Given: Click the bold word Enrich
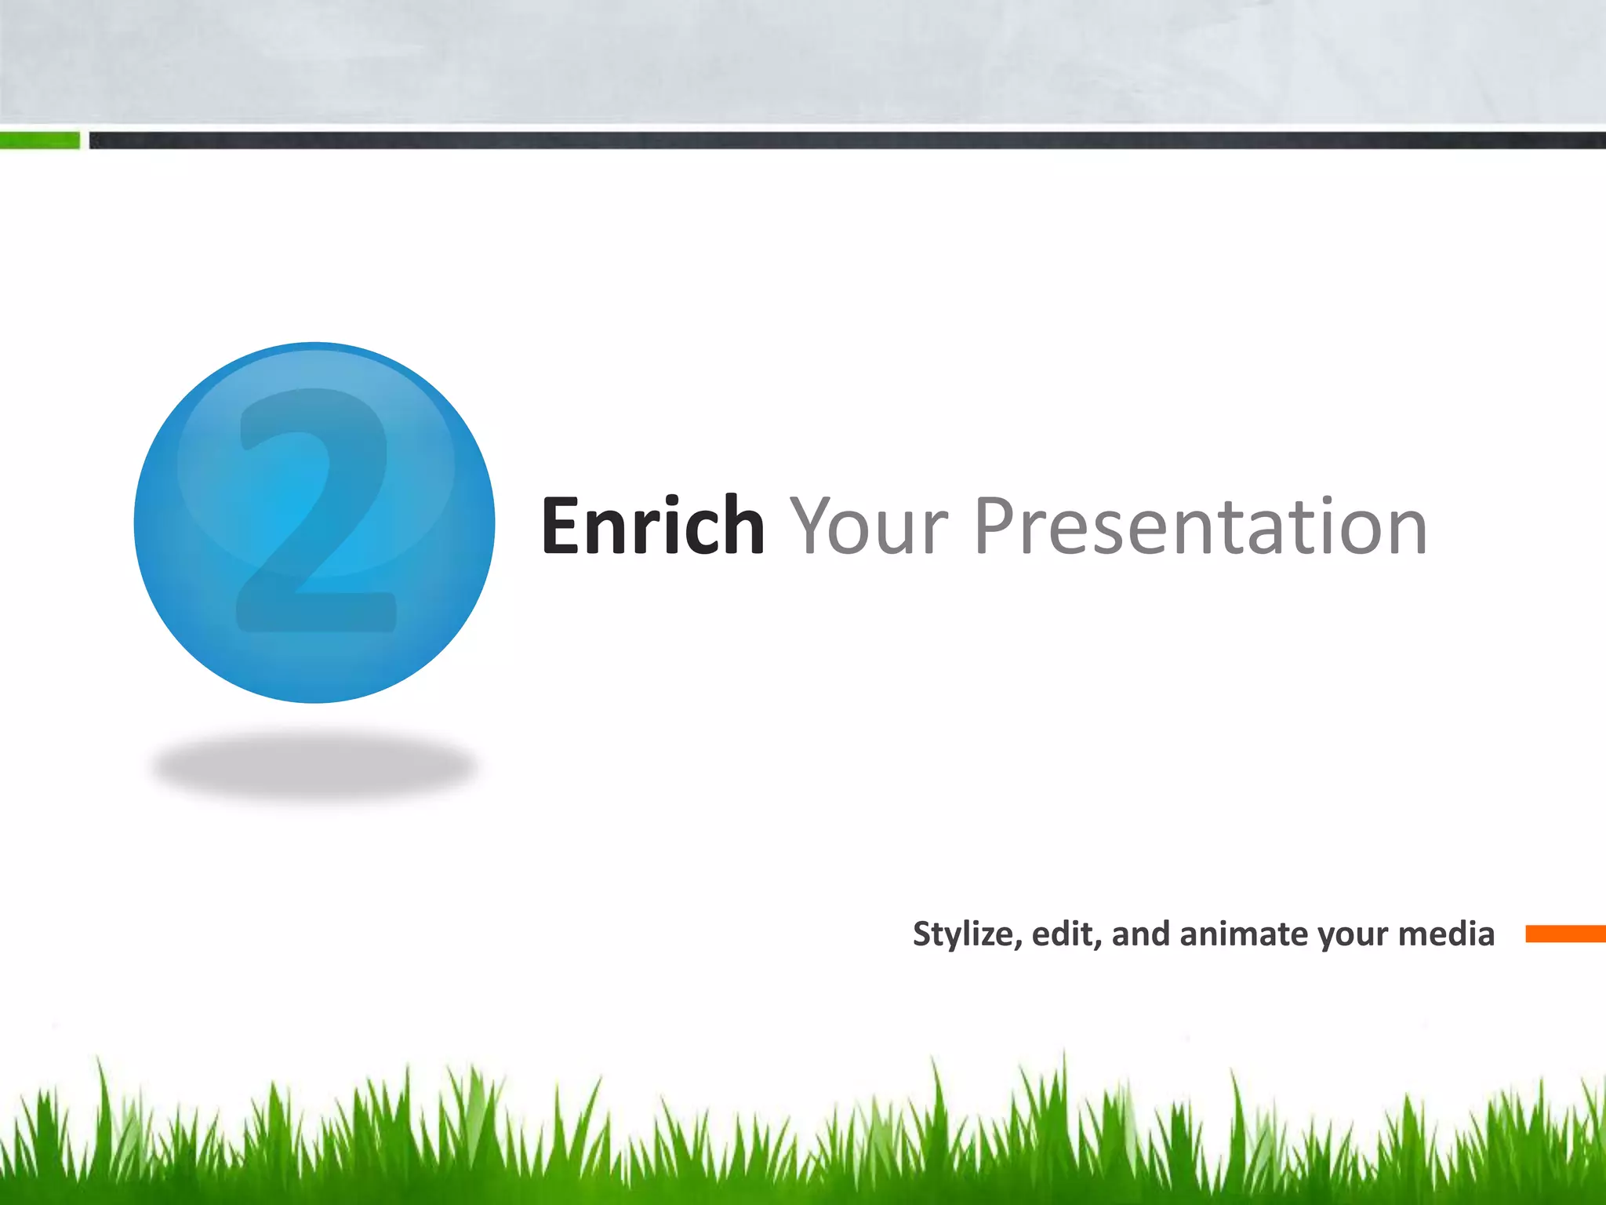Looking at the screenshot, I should [x=652, y=526].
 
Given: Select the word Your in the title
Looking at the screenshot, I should [x=869, y=526].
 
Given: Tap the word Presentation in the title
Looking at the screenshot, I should [x=1200, y=526].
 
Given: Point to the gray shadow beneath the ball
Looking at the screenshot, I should [x=314, y=765].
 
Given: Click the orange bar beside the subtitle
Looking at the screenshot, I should [x=1564, y=934].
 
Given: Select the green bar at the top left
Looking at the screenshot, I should [x=39, y=140].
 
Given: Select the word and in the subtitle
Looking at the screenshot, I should [x=1141, y=934].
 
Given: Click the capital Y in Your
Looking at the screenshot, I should [x=816, y=526].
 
